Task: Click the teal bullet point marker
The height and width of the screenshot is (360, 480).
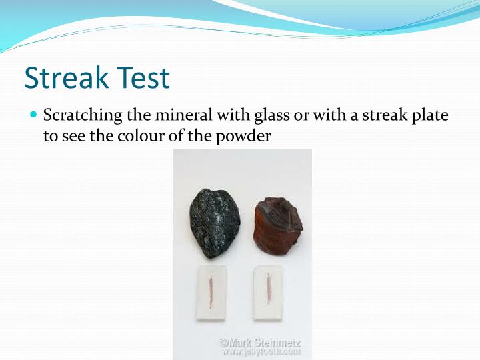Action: (33, 115)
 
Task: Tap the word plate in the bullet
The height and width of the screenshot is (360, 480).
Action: (430, 115)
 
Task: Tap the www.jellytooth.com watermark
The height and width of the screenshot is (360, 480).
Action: (261, 351)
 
